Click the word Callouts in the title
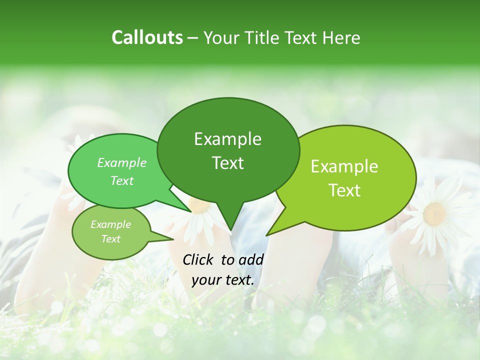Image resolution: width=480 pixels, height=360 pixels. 147,38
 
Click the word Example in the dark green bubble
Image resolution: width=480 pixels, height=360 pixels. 227,139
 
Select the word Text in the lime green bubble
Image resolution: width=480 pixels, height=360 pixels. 345,190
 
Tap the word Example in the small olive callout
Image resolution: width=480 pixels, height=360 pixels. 110,224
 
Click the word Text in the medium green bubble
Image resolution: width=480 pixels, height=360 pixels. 122,180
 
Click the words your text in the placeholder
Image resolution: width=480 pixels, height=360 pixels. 223,280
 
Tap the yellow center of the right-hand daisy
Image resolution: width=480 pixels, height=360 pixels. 434,214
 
